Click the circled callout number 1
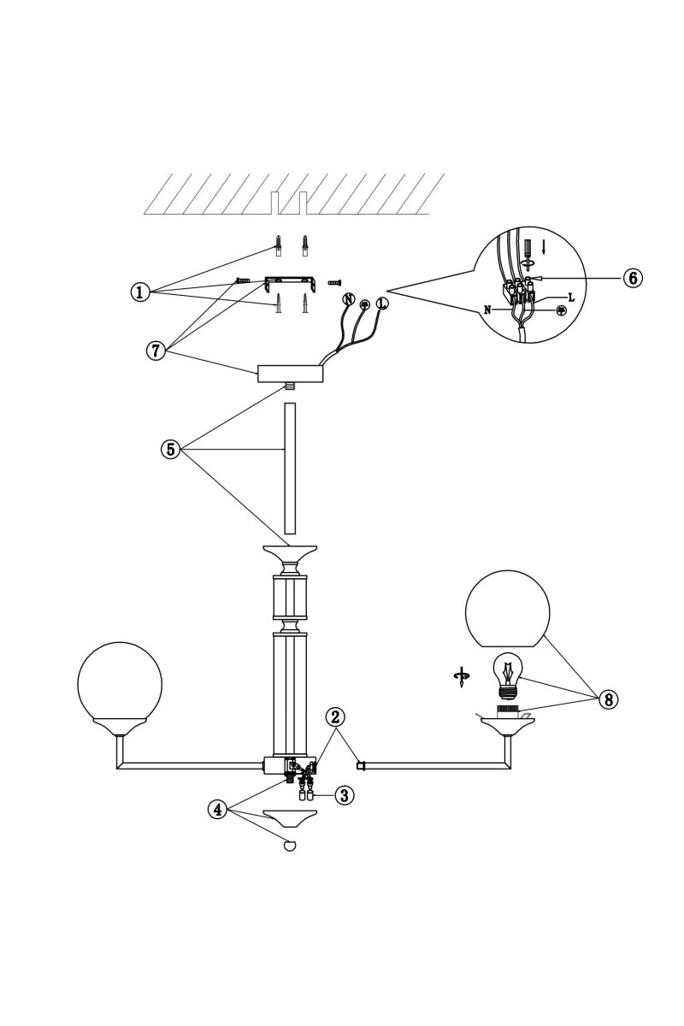(140, 292)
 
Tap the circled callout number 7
(156, 351)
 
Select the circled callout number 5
(170, 450)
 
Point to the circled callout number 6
(633, 278)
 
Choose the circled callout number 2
(335, 717)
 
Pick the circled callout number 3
(345, 795)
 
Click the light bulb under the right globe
(506, 676)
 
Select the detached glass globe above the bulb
(507, 609)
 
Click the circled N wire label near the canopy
(349, 299)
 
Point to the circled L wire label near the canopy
(381, 303)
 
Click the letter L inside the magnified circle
(571, 298)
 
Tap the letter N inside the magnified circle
(488, 310)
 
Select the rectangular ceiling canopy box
(291, 374)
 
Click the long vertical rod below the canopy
(290, 469)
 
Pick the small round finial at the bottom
(290, 846)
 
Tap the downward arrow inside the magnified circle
(543, 248)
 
